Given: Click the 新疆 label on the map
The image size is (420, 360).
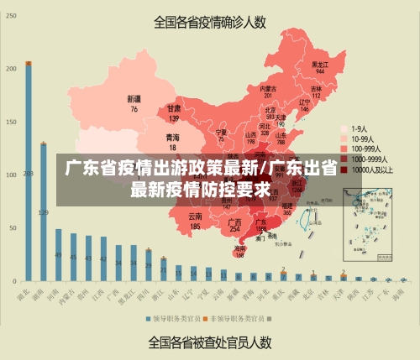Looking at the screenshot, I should click(134, 97).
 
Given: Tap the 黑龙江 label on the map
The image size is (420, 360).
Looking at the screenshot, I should click(320, 64).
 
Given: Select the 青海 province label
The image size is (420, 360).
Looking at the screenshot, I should click(172, 137).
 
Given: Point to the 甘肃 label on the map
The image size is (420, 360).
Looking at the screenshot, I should click(174, 108).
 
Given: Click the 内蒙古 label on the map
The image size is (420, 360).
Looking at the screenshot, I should click(268, 88).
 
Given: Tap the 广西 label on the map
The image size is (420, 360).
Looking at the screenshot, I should click(235, 222).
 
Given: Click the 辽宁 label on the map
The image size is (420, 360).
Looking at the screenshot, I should click(304, 103).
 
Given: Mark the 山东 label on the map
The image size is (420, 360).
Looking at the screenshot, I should click(281, 133).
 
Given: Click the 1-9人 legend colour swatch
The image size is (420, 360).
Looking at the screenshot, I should click(344, 128).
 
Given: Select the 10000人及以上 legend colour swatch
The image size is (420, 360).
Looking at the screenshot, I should click(344, 168).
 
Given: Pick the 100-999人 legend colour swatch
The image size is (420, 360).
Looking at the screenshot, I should click(344, 148).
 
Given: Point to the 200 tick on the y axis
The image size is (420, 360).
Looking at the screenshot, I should click(11, 69).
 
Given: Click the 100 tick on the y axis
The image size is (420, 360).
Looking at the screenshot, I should click(11, 175).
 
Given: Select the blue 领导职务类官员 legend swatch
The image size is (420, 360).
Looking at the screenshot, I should click(146, 319).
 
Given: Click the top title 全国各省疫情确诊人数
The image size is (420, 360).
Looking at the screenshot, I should click(210, 22).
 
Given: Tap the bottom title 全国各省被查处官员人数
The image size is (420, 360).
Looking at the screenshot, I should click(210, 342).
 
